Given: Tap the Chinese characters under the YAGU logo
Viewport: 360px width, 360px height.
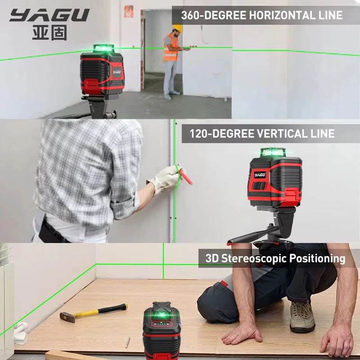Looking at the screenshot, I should pyautogui.click(x=49, y=33).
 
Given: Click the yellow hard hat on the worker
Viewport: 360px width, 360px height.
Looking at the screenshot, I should pyautogui.click(x=177, y=28).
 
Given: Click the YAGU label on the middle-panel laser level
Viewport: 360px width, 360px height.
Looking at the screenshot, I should pyautogui.click(x=260, y=174).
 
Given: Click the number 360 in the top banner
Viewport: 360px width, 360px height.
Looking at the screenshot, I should pyautogui.click(x=192, y=15).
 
